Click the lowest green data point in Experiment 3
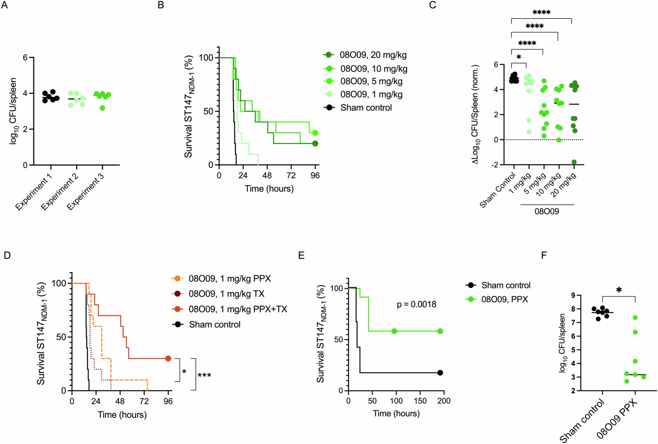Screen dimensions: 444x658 [x=102, y=108]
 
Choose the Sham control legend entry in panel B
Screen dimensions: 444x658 [x=366, y=108]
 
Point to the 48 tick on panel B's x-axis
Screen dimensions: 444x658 [x=267, y=176]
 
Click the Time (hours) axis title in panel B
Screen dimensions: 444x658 [x=269, y=189]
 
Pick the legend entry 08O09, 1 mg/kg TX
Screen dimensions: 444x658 [x=226, y=294]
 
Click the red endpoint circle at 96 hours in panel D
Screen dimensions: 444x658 [x=168, y=358]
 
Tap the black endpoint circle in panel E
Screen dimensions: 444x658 [x=440, y=373]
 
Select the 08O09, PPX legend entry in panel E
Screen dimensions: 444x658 [x=504, y=299]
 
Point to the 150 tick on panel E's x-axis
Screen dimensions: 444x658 [x=420, y=401]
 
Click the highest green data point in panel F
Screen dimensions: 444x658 [x=635, y=317]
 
